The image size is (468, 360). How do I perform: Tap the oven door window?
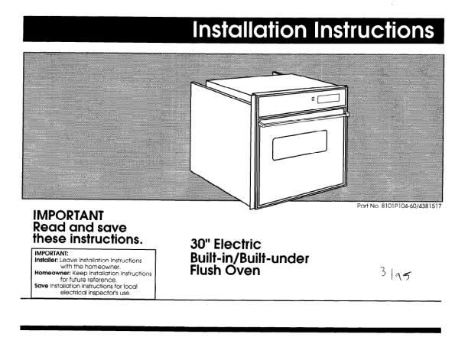[x=300, y=145]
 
